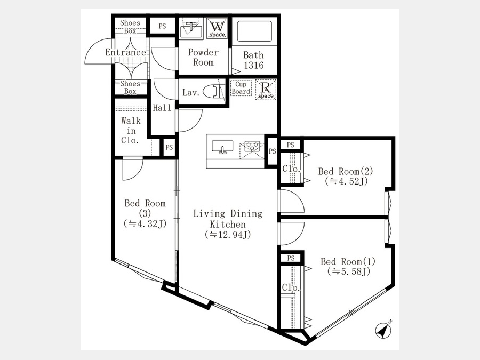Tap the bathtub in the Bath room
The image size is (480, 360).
point(254,31)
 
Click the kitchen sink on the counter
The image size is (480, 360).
point(222,148)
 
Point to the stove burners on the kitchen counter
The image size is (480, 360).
point(252,146)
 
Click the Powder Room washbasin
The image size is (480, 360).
point(191,30)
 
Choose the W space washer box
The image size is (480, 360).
point(217,28)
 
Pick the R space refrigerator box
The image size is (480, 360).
point(266,90)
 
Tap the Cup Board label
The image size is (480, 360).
point(241,88)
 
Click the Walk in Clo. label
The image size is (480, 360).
point(131,131)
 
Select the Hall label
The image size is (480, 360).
point(162,108)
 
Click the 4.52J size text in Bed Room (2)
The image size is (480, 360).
point(346,181)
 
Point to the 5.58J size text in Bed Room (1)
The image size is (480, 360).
point(349,271)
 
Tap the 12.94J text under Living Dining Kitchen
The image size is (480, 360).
point(228,235)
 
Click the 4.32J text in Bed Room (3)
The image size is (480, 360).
point(145,223)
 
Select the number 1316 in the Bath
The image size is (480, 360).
point(254,65)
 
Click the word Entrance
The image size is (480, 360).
point(125,52)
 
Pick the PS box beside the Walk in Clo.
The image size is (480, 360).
point(169,148)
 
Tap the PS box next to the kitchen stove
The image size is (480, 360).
point(272,151)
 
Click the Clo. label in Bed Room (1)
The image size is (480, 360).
point(291,287)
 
